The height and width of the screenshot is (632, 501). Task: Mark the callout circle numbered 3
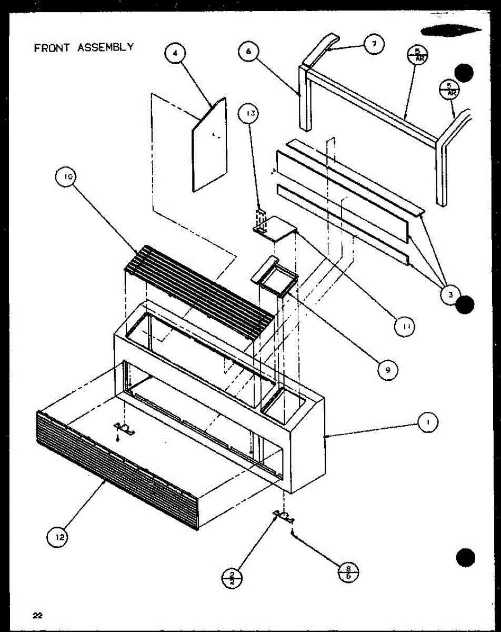point(450,295)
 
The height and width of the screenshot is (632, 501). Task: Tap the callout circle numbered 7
point(374,44)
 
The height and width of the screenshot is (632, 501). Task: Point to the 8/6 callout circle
point(348,572)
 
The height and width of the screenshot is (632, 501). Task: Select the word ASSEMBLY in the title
point(105,47)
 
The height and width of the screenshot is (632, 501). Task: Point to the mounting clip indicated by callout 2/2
point(282,516)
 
